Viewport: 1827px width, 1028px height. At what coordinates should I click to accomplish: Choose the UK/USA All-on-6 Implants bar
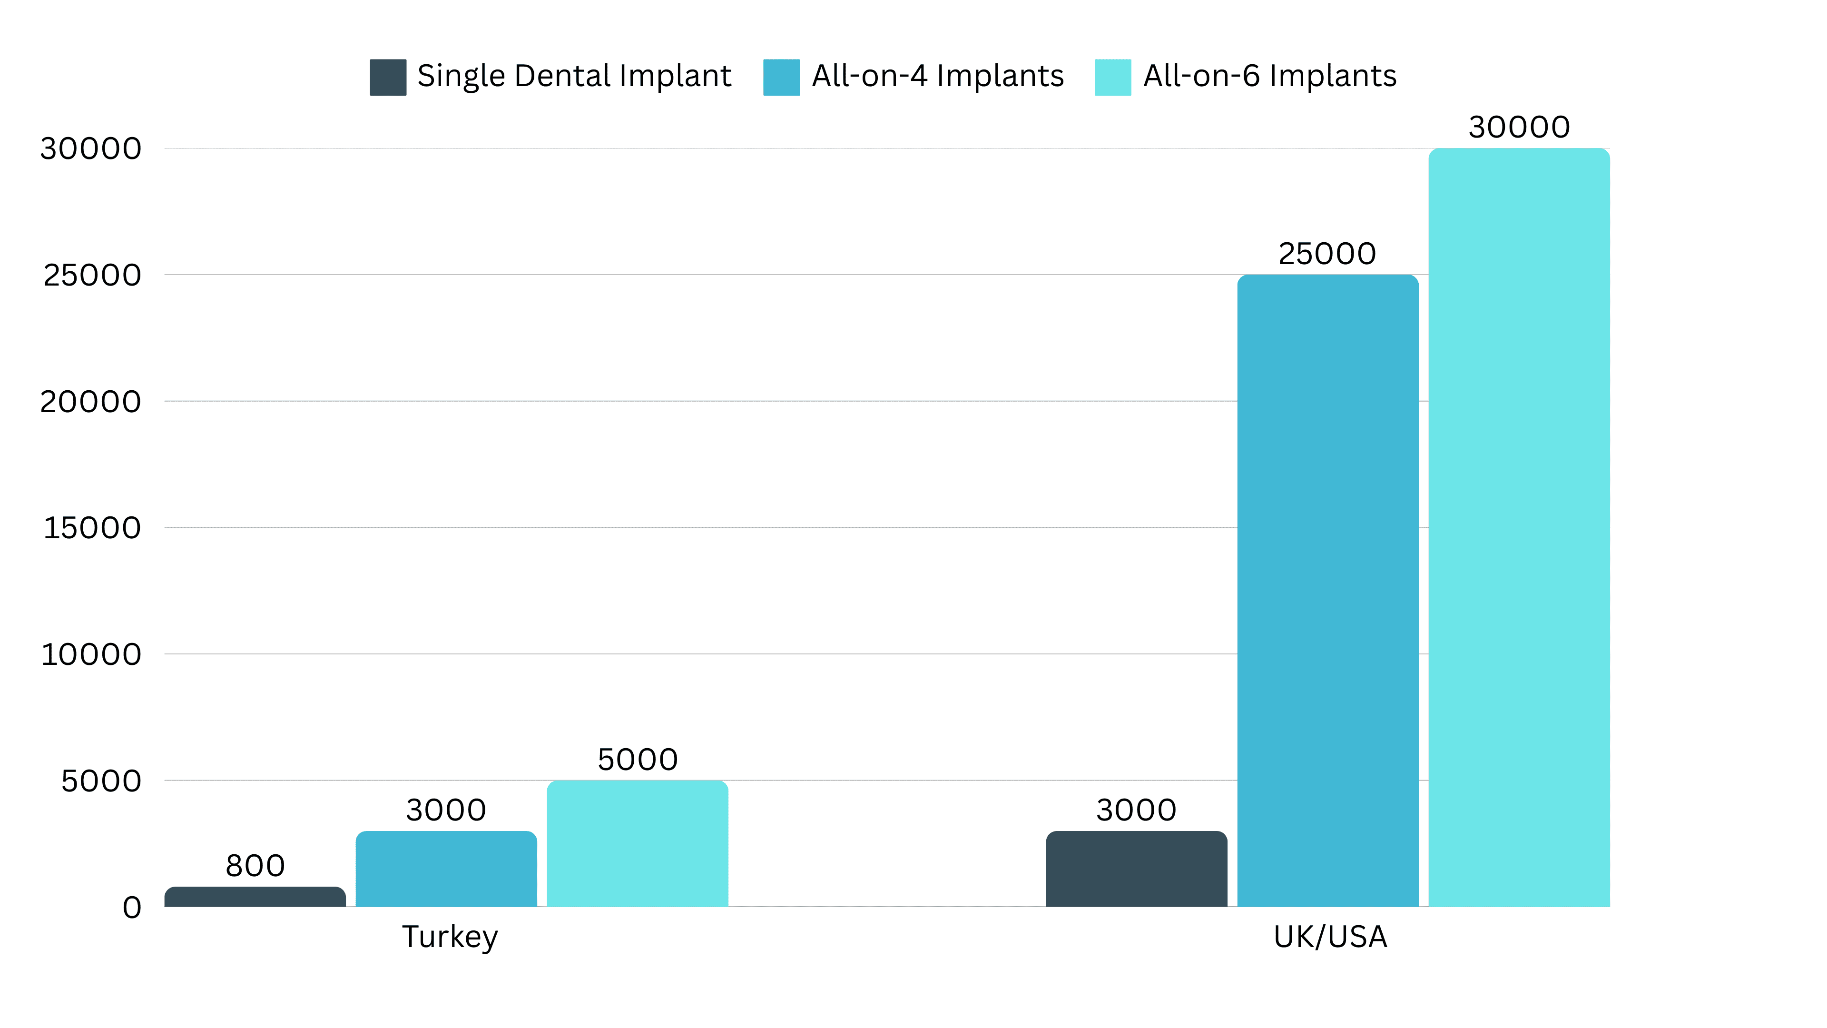pos(1519,527)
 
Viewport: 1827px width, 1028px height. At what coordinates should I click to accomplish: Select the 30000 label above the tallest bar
pos(1519,128)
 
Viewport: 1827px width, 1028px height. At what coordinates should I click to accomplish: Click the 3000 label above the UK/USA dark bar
pos(1136,810)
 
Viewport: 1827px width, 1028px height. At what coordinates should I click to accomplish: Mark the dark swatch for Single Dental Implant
pos(388,77)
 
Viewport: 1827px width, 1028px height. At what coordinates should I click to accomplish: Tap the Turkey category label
pos(450,937)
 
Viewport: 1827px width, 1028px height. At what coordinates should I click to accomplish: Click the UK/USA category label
pos(1330,937)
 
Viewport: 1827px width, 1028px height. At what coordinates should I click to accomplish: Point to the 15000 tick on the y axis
pos(92,528)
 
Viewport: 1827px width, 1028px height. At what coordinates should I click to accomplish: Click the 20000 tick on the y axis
pos(91,402)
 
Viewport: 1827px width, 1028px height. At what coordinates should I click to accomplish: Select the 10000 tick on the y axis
pos(91,654)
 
